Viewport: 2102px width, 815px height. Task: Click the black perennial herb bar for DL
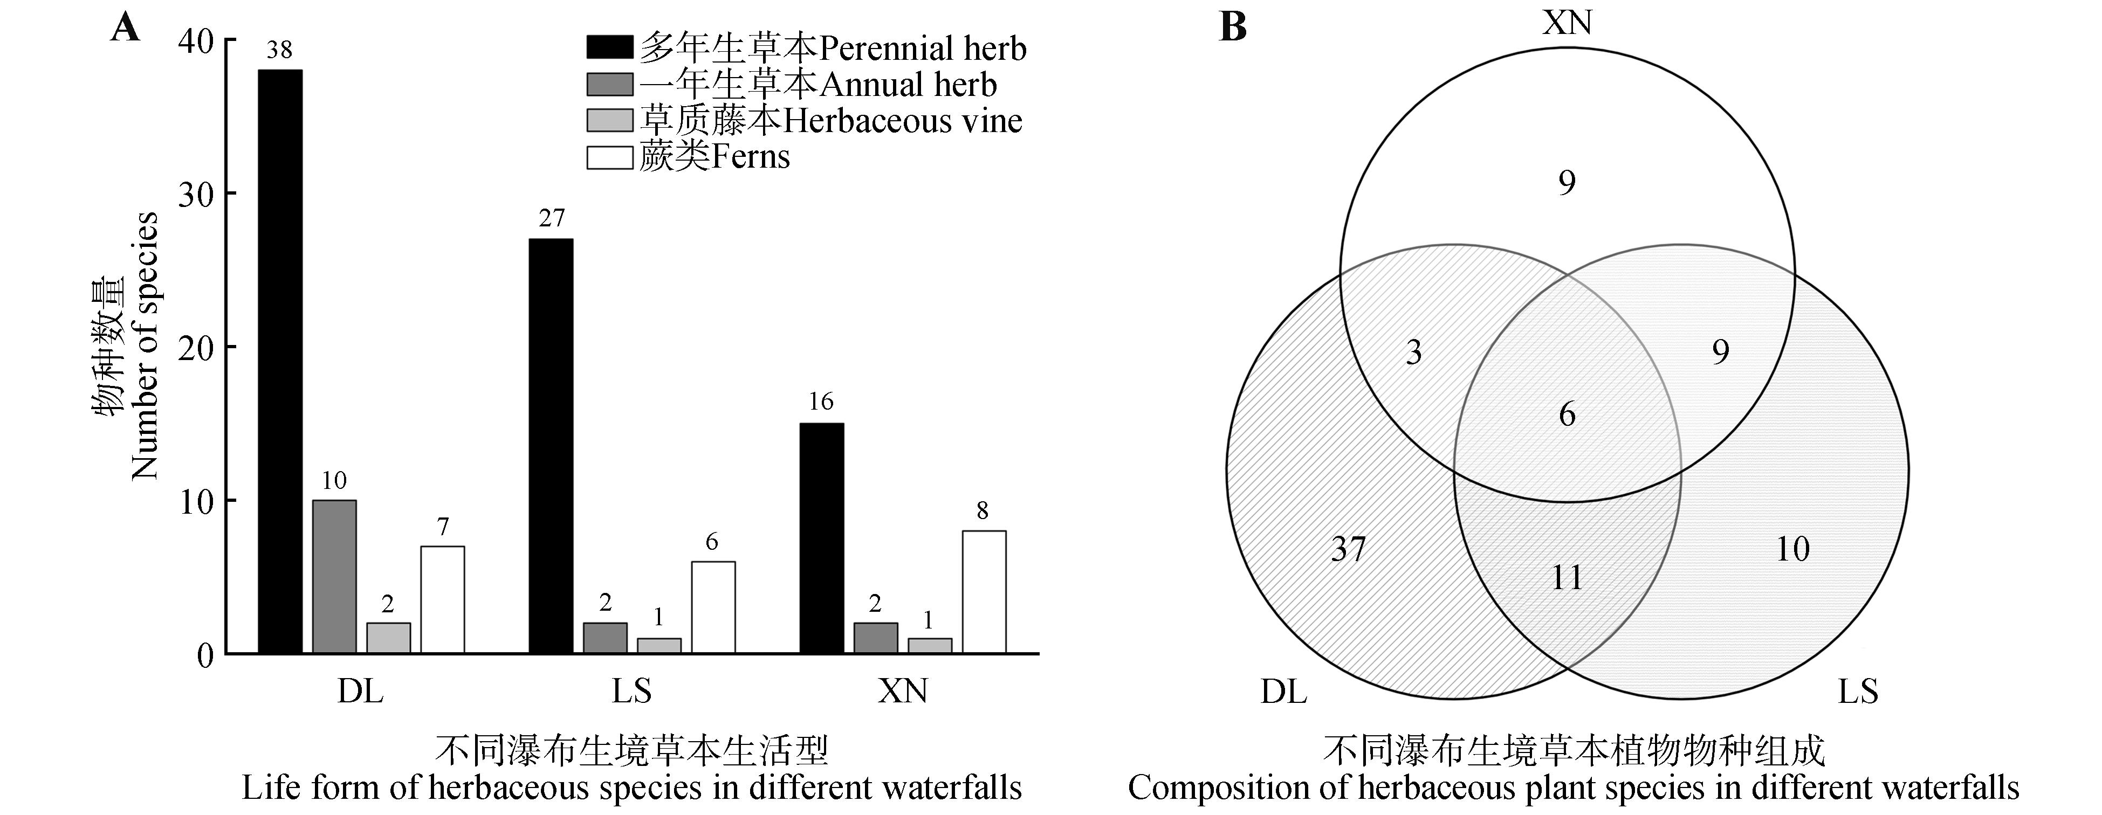pos(280,361)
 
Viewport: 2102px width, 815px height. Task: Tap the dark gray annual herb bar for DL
pos(334,576)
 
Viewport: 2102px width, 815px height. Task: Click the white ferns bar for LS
pos(713,607)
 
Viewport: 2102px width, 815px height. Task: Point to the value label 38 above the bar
pos(279,51)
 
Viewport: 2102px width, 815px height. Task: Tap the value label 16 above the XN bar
pos(821,402)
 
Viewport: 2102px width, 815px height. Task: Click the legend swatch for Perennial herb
pos(609,47)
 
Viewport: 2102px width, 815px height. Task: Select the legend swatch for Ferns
pos(609,157)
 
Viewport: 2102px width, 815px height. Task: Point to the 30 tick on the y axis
pos(195,194)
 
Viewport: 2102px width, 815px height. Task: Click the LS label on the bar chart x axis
pos(631,692)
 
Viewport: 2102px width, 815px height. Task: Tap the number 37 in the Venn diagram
pos(1348,549)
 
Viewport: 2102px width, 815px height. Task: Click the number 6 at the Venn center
pos(1567,415)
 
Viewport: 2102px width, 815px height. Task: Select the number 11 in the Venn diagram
pos(1566,578)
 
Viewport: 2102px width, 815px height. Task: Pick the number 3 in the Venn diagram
pos(1414,351)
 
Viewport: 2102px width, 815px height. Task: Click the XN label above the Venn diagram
pos(1567,23)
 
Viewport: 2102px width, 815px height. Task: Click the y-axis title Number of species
pos(145,346)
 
